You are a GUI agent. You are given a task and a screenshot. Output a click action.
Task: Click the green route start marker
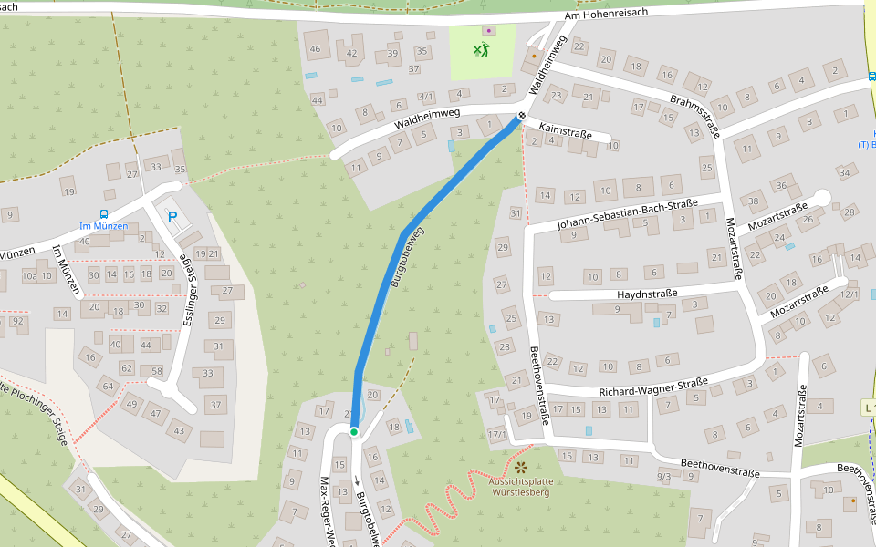[354, 432]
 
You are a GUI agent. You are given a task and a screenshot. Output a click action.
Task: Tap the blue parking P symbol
[172, 217]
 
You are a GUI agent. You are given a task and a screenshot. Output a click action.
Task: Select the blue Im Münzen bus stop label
[104, 226]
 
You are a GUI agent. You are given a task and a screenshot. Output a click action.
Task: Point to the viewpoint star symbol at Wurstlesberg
[521, 468]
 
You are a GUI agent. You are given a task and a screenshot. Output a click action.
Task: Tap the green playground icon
[482, 49]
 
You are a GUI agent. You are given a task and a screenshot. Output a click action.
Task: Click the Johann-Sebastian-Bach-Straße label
[627, 214]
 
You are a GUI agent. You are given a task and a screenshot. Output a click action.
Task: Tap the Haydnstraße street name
[647, 294]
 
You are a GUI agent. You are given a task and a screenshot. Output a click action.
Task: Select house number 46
[316, 48]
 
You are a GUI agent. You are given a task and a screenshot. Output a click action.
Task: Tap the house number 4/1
[426, 96]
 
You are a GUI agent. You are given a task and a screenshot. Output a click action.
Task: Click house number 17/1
[497, 434]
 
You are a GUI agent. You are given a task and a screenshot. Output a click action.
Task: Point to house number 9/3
[664, 477]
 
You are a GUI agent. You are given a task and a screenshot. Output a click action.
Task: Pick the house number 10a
[30, 275]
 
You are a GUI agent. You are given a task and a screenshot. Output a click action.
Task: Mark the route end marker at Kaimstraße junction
[521, 116]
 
